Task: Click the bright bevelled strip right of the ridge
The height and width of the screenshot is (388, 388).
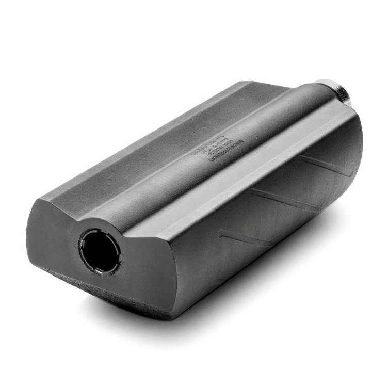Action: (x=242, y=170)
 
